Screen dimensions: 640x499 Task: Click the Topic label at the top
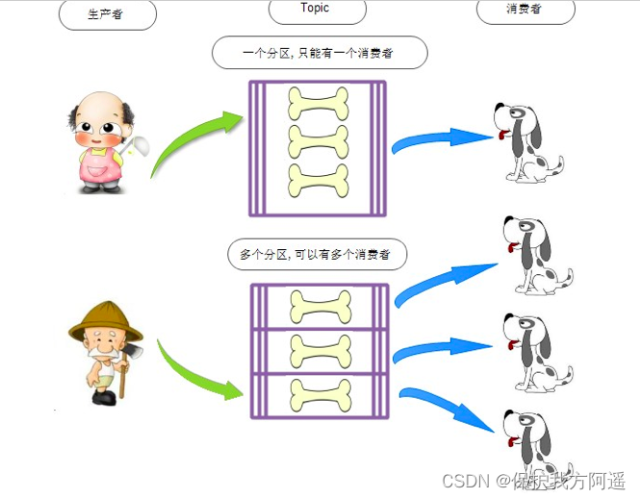315,9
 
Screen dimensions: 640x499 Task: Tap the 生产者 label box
106,13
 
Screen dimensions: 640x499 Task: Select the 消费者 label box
525,10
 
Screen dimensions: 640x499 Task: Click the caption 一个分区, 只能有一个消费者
320,54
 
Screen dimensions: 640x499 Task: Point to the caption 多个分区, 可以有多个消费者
317,255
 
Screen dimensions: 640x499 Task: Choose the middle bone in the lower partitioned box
320,350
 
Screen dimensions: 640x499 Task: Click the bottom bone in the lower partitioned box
320,394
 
